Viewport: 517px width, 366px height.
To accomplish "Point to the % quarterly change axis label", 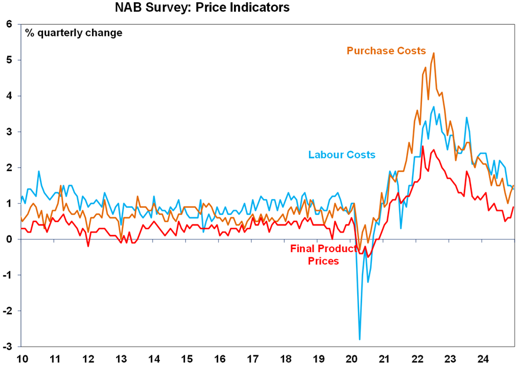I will click(74, 33).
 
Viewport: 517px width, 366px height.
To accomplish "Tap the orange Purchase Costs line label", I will click(386, 51).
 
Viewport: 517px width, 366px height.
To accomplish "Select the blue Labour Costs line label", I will click(341, 155).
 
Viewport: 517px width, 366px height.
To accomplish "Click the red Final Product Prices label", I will click(324, 254).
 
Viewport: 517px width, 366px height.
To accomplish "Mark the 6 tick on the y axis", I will click(9, 24).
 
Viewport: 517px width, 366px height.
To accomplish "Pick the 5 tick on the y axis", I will click(9, 60).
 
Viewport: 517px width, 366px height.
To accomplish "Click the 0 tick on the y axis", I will click(9, 239).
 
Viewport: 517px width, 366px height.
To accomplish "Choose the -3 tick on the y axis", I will click(8, 347).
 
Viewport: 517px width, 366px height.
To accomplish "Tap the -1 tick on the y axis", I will click(8, 275).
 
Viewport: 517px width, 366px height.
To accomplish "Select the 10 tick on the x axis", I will click(22, 358).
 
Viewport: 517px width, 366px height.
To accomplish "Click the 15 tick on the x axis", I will click(186, 358).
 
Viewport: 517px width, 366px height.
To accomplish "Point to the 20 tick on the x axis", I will click(351, 358).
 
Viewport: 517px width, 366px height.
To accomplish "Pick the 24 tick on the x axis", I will click(483, 358).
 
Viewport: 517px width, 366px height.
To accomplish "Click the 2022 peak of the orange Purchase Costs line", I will click(434, 53).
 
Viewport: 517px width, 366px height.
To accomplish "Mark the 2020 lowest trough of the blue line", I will click(360, 339).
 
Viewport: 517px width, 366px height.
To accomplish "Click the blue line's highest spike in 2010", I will click(39, 171).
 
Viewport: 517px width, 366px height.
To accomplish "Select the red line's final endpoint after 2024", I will click(513, 207).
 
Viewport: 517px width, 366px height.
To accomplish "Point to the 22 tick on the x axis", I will click(417, 358).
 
